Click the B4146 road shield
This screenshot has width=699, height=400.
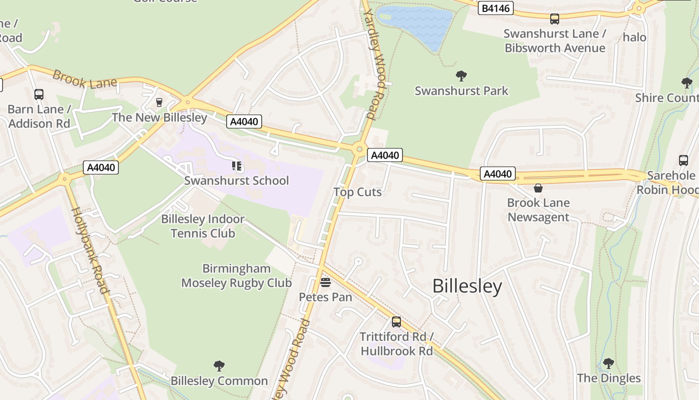click(495, 8)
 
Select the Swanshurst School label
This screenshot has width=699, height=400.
click(236, 180)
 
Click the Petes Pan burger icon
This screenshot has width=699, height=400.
click(325, 283)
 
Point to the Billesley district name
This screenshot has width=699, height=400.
click(467, 286)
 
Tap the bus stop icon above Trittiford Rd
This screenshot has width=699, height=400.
click(396, 322)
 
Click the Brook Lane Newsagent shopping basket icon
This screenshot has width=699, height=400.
click(538, 188)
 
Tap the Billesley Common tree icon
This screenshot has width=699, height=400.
click(219, 366)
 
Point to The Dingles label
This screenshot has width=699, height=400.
click(609, 378)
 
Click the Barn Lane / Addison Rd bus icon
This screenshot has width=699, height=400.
click(38, 94)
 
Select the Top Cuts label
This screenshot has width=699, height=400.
click(357, 192)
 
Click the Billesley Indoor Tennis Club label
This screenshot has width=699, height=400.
click(203, 226)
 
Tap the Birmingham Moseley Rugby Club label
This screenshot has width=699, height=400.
click(236, 275)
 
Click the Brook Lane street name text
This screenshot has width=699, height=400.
click(84, 79)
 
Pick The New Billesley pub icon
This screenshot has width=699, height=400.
click(159, 102)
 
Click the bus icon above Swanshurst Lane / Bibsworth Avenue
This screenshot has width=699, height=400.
click(554, 19)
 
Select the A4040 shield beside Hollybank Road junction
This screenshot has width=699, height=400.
click(101, 167)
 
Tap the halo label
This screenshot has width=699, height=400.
click(634, 37)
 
